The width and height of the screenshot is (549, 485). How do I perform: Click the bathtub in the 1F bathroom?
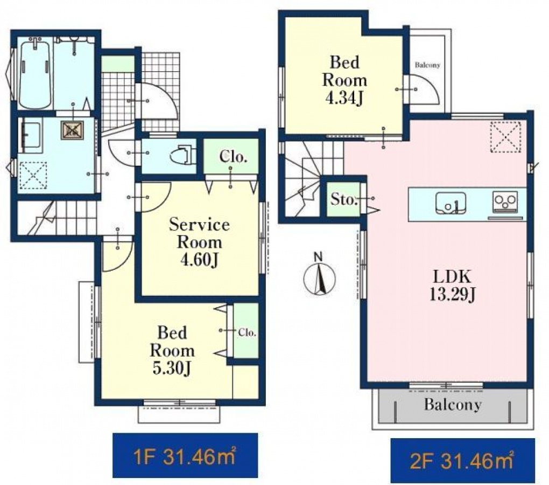[36, 74]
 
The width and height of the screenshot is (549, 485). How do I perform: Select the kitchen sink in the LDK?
[451, 203]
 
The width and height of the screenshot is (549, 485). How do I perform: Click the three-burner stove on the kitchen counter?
[505, 202]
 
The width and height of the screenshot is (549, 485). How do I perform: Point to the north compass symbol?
[319, 276]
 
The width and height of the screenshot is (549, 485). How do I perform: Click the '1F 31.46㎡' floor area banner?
[185, 455]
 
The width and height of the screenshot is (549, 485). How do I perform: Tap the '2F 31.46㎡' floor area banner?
[462, 460]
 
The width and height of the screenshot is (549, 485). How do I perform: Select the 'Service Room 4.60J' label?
[199, 242]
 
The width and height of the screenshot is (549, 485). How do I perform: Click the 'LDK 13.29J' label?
[452, 286]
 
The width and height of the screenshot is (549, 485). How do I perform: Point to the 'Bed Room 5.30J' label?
[172, 350]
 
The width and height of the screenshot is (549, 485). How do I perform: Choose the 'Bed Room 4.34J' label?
[344, 80]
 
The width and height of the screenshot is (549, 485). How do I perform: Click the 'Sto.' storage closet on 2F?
[343, 199]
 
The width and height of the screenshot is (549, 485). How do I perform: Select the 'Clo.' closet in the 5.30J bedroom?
[246, 331]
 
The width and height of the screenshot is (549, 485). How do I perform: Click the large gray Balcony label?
[453, 404]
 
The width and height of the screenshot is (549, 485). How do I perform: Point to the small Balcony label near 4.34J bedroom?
[427, 65]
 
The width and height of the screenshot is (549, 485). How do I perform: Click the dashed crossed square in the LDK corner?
[505, 137]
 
